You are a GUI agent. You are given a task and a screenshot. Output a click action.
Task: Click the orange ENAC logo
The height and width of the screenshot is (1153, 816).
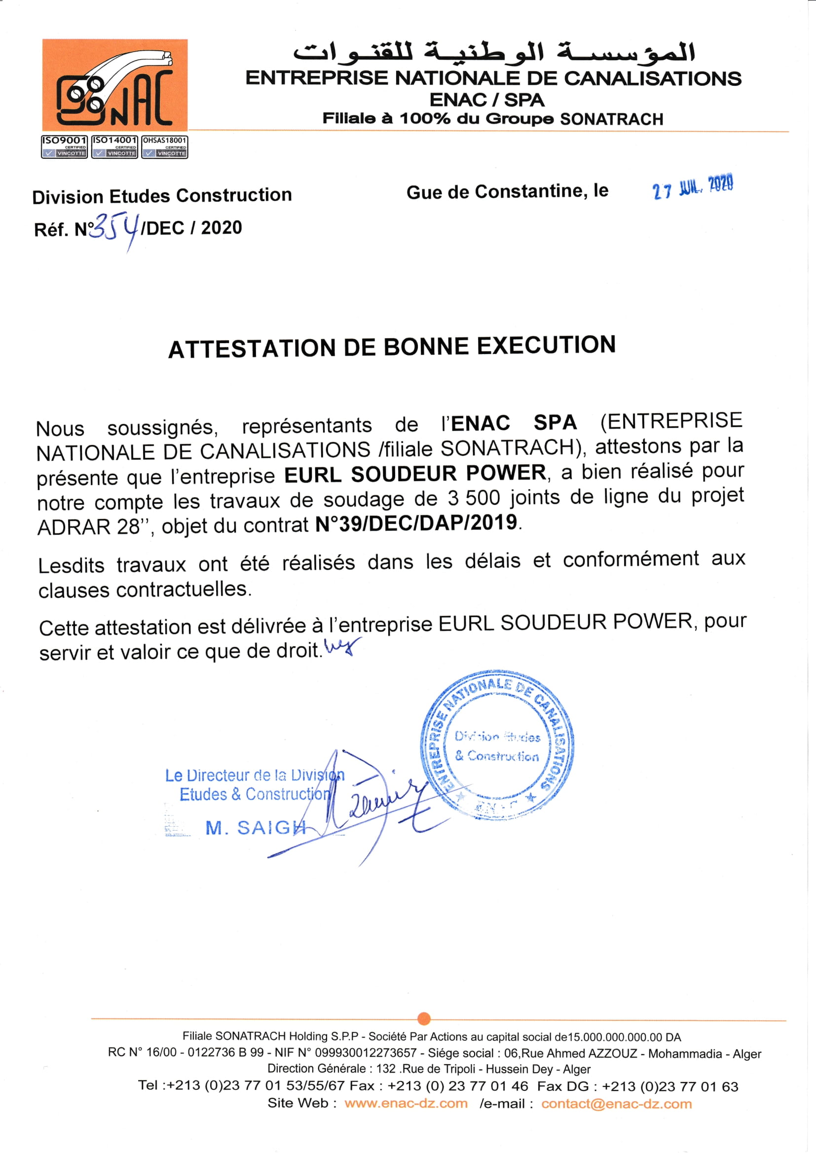114,85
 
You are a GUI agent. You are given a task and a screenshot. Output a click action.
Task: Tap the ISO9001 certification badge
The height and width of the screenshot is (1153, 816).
64,146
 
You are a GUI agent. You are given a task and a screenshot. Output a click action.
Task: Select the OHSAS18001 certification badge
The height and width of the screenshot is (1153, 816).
165,146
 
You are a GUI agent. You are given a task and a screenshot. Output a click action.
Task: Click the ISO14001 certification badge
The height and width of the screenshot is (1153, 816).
114,146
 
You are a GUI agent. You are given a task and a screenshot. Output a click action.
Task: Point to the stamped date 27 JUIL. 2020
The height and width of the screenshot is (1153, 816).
693,187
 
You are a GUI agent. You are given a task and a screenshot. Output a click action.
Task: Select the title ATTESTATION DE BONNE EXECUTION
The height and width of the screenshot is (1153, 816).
392,347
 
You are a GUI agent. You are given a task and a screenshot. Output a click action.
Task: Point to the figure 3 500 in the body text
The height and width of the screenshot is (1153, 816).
474,498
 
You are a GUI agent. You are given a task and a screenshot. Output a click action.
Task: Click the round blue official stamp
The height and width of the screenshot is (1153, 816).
497,745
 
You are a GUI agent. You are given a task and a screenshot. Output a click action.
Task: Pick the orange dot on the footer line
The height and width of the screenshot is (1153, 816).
424,1018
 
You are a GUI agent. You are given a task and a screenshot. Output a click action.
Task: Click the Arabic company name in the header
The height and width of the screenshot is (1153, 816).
494,52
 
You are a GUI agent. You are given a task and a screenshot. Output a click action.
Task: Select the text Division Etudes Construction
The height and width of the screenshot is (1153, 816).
162,195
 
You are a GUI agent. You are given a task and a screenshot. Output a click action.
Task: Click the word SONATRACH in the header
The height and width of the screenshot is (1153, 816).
611,119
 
